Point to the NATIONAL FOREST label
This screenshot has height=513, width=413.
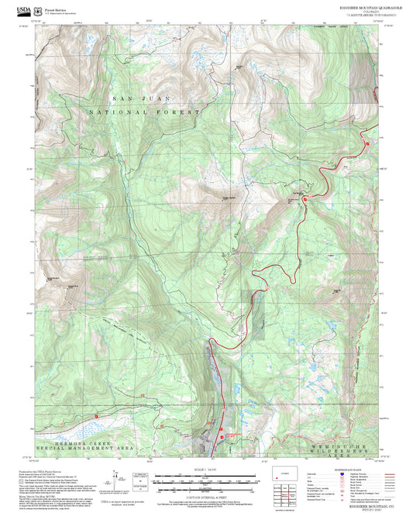(145, 112)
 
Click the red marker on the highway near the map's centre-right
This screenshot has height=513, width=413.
(305, 200)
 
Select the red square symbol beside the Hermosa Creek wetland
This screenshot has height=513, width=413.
(95, 415)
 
